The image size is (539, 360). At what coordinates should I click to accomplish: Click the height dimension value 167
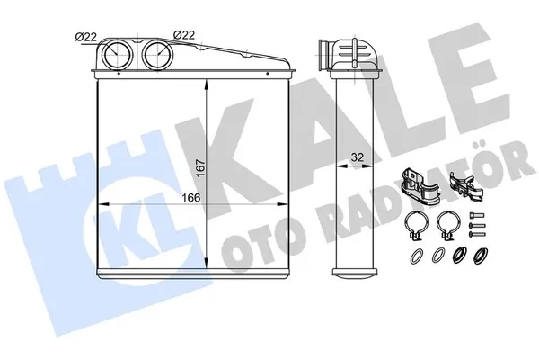point(201,167)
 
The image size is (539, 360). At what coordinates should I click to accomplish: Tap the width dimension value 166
point(191,198)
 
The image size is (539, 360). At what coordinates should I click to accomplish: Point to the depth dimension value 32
point(358,157)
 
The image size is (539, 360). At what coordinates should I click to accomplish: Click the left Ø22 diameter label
point(86,37)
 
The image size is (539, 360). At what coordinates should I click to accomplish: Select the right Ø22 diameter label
point(184,35)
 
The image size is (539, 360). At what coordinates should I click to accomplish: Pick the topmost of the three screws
point(477,216)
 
